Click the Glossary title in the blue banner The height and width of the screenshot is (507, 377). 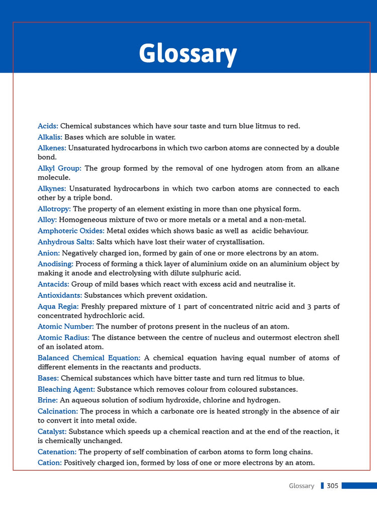[187, 53]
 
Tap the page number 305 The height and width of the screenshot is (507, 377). [332, 486]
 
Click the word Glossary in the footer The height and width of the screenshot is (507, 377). [302, 486]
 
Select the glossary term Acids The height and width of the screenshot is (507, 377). [48, 126]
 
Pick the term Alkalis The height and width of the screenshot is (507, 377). [50, 137]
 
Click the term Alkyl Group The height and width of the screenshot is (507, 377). [59, 168]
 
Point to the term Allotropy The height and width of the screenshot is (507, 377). [54, 209]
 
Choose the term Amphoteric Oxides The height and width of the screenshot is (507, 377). [71, 231]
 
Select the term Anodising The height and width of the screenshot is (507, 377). [55, 264]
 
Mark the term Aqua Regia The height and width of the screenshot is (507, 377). [58, 306]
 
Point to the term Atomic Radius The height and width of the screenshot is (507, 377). [63, 337]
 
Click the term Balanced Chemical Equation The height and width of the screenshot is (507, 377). [89, 358]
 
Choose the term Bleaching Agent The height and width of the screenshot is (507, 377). [66, 389]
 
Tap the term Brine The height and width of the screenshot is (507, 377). [48, 400]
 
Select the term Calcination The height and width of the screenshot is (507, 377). [58, 411]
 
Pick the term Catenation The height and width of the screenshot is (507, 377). [57, 452]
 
